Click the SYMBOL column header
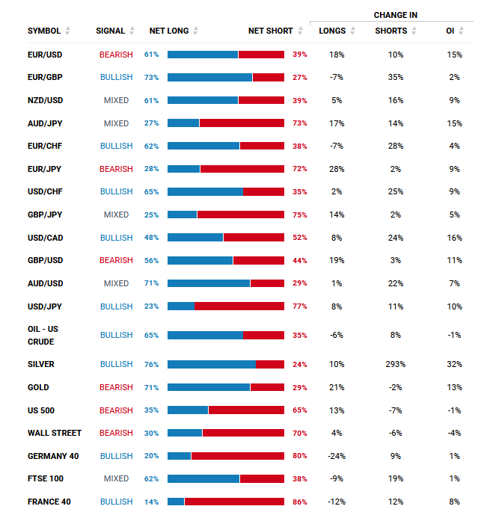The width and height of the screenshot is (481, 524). [44, 31]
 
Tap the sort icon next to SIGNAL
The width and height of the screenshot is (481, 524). [132, 31]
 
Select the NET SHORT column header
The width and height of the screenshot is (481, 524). [271, 31]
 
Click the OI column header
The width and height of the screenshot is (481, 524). [450, 31]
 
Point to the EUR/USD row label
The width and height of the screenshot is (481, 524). [45, 55]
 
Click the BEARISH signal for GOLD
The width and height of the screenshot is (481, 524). [116, 387]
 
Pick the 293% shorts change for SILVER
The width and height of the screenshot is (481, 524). [396, 364]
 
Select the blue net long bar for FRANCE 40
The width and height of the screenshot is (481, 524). [176, 502]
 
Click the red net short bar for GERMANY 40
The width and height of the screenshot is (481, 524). [237, 456]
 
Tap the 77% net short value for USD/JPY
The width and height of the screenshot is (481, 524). [300, 306]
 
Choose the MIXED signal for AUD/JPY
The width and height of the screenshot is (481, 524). [116, 123]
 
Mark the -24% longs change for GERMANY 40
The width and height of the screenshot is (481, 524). [336, 456]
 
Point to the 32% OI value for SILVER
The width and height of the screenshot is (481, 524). [455, 364]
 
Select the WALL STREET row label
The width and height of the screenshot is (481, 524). [55, 433]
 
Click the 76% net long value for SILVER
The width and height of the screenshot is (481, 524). [152, 364]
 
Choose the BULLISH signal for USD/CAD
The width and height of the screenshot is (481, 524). [116, 238]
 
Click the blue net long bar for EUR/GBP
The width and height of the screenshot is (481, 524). [209, 78]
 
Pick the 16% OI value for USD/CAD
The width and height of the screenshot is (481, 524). [455, 238]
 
